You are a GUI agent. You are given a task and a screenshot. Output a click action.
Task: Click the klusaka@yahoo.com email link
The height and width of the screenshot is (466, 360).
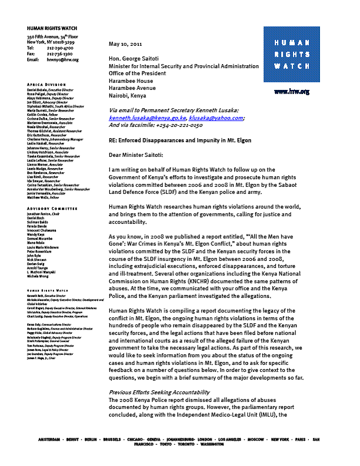coord(218,118)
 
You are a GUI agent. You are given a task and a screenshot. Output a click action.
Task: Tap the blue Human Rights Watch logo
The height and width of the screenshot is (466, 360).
coord(291,55)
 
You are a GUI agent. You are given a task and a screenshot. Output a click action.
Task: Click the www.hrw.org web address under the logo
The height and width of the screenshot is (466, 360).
coord(291,92)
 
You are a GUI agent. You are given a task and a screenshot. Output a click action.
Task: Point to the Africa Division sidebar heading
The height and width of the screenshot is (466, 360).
coord(46,85)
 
